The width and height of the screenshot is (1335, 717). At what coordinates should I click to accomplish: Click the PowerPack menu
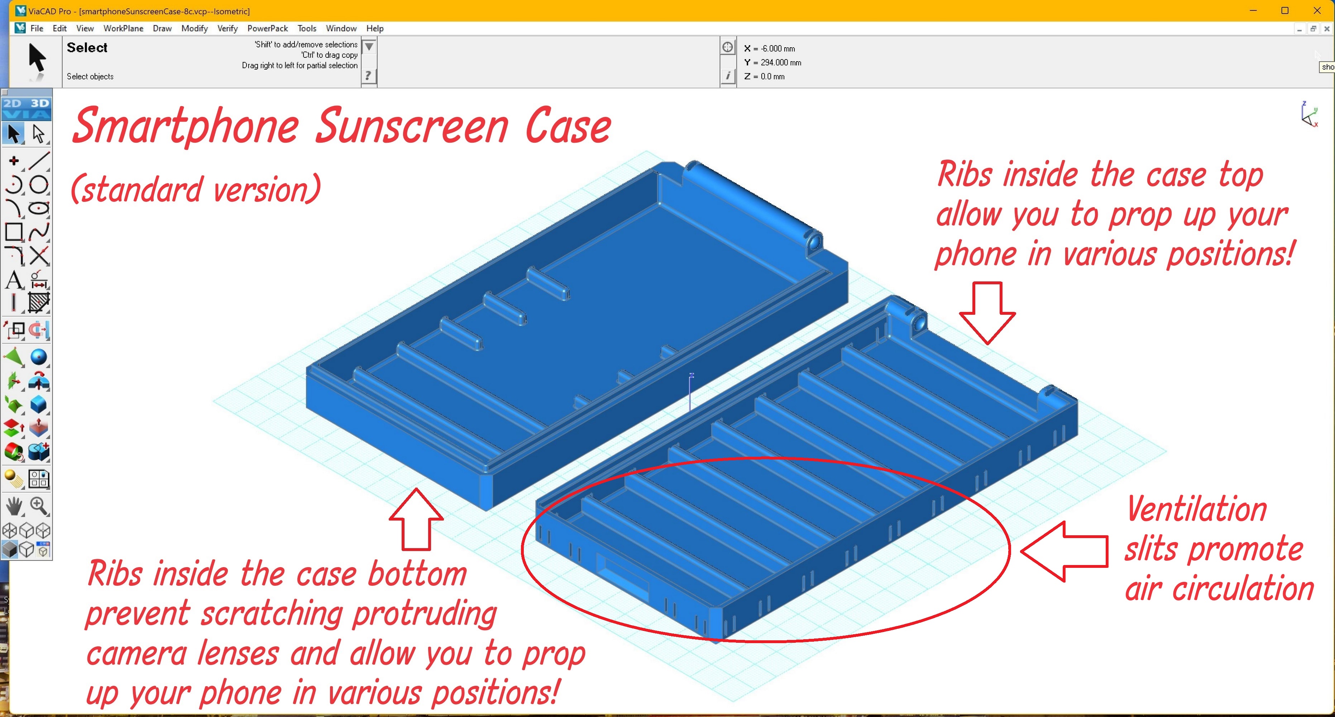(x=267, y=29)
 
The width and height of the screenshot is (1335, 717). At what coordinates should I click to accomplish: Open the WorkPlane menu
(x=123, y=29)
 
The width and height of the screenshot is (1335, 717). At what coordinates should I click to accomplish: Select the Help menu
(x=375, y=29)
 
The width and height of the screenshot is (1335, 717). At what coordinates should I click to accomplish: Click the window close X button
(x=1317, y=10)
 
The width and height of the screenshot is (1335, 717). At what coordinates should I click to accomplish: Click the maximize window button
(x=1285, y=10)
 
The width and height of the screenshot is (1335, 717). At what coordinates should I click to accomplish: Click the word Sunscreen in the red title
(x=412, y=127)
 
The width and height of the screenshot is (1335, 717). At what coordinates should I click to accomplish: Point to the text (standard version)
(x=195, y=189)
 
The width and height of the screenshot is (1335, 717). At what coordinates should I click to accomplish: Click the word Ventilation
(x=1197, y=510)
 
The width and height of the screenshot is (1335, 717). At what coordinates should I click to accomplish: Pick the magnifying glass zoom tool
(x=39, y=505)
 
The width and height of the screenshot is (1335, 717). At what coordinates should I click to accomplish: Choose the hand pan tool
(x=14, y=506)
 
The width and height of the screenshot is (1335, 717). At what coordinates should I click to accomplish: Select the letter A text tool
(x=14, y=280)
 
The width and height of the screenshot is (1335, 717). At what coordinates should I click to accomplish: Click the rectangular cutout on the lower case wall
(x=622, y=575)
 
